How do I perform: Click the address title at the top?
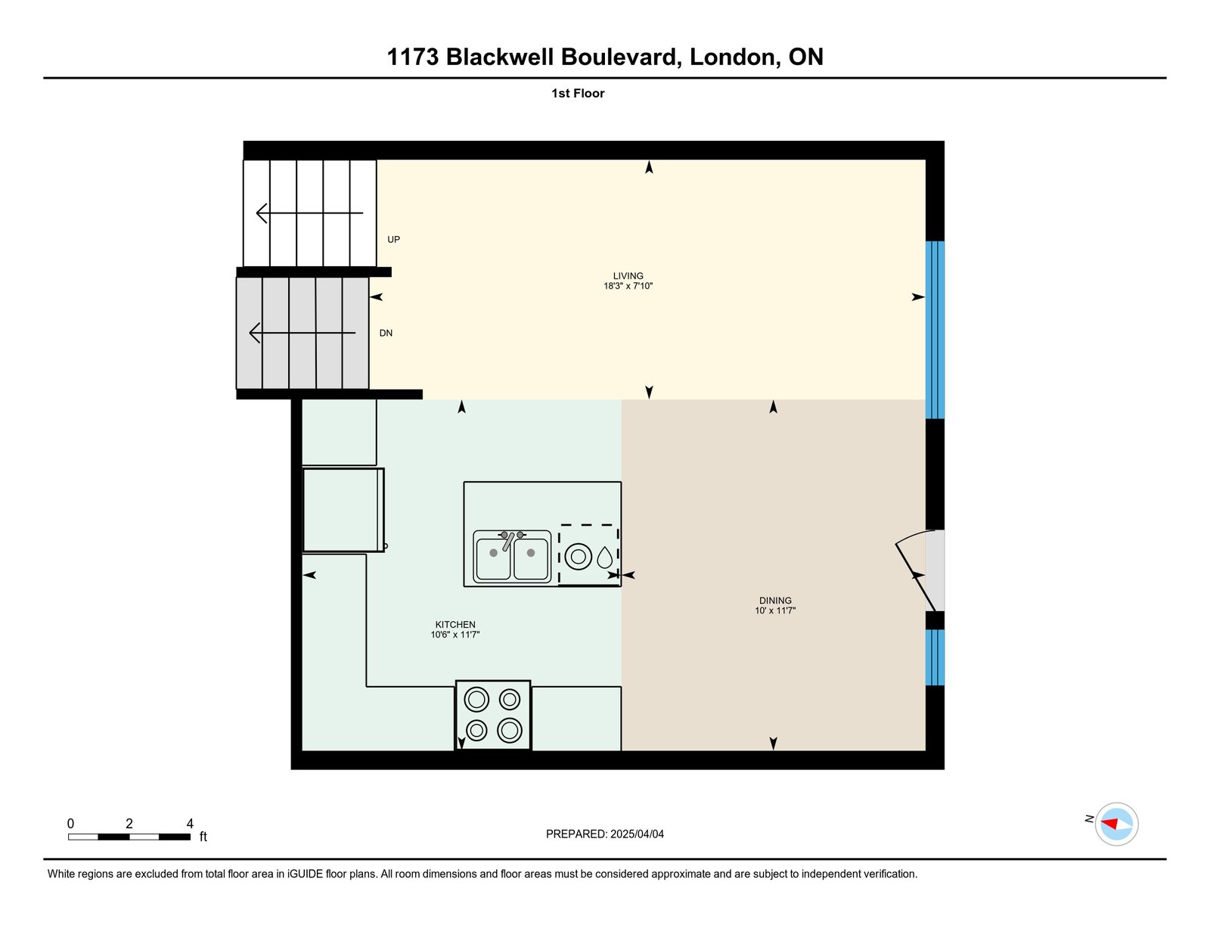(605, 57)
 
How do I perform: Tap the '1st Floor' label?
(578, 94)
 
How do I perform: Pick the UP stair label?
(393, 240)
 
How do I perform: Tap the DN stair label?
(386, 334)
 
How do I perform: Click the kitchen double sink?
(512, 557)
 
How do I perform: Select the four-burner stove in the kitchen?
(493, 715)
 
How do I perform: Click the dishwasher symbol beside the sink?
(589, 555)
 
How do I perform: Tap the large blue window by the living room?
(935, 330)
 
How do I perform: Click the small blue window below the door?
(935, 657)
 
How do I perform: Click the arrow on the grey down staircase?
(302, 333)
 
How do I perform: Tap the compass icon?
(1116, 824)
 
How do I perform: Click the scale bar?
(129, 837)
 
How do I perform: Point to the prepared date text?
(605, 834)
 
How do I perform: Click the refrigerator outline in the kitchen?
(343, 510)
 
